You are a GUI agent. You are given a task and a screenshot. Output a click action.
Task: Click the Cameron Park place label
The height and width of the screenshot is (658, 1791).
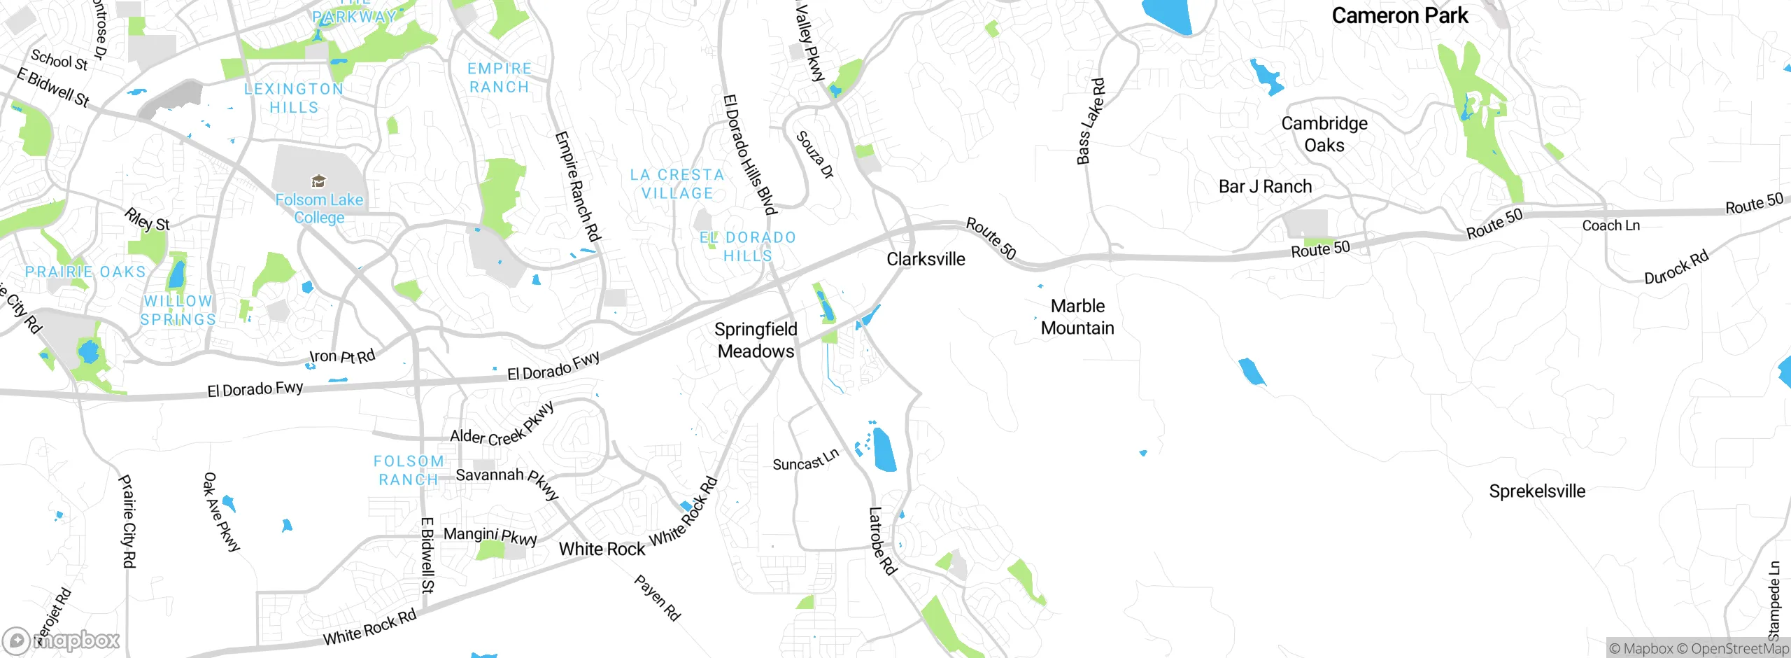point(1399,15)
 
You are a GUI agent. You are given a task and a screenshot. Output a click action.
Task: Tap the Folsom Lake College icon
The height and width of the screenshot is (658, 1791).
point(318,181)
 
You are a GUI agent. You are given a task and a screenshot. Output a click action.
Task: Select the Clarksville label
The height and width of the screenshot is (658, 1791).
point(926,259)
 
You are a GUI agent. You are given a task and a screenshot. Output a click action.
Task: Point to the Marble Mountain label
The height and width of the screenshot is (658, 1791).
point(1077,317)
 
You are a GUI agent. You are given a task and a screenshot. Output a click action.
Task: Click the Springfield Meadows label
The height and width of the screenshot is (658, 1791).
point(756,340)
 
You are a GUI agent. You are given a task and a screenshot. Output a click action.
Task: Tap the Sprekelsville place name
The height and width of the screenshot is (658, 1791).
point(1537,491)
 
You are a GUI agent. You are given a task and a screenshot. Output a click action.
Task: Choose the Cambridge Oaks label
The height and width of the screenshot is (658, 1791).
point(1324,134)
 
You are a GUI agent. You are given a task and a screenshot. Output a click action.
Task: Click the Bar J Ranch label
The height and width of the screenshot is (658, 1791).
point(1265,187)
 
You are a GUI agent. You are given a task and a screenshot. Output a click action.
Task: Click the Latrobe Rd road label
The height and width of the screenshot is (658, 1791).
point(882,541)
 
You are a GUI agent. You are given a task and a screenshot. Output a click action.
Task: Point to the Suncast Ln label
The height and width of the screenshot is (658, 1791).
point(805,461)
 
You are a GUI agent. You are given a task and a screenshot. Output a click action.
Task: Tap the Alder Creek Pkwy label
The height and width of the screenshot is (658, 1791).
point(502,426)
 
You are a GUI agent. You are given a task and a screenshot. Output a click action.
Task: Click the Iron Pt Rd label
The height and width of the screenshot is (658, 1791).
point(342,356)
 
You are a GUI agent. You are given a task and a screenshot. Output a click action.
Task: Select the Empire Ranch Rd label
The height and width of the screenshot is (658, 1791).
point(577,187)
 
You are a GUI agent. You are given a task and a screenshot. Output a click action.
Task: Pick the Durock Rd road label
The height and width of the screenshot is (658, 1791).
point(1676,267)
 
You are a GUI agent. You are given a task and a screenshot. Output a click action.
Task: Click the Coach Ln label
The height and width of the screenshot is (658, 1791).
point(1611,225)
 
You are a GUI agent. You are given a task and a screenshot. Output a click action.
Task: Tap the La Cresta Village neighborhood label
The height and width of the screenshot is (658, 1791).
point(677,184)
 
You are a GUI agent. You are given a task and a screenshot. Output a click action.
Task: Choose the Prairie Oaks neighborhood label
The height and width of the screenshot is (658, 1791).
point(85,272)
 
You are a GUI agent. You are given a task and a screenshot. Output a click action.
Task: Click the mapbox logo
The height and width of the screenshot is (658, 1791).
point(62,640)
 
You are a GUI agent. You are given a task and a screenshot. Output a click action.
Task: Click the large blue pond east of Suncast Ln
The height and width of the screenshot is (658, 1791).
point(884,450)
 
